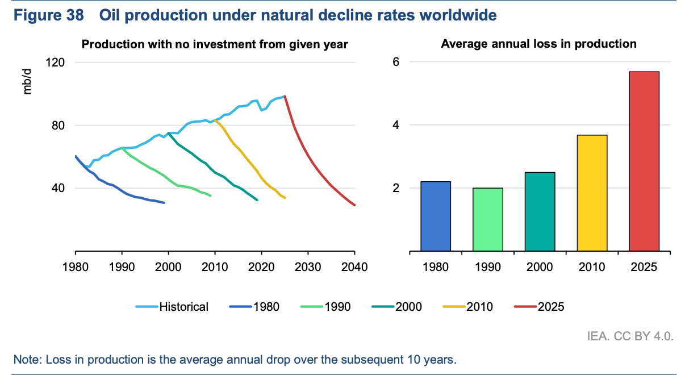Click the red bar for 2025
tap(644, 161)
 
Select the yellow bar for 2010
tap(592, 193)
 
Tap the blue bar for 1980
tap(436, 216)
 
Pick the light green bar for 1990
tap(488, 219)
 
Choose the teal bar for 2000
tap(540, 211)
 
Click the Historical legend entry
tap(173, 307)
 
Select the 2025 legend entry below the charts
tap(539, 307)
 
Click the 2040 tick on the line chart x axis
tap(355, 266)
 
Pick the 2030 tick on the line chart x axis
tap(308, 266)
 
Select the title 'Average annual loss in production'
tap(538, 44)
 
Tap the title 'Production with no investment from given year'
tap(215, 44)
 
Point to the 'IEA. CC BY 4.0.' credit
tap(630, 336)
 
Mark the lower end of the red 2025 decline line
tap(355, 205)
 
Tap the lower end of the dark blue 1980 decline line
tap(164, 202)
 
